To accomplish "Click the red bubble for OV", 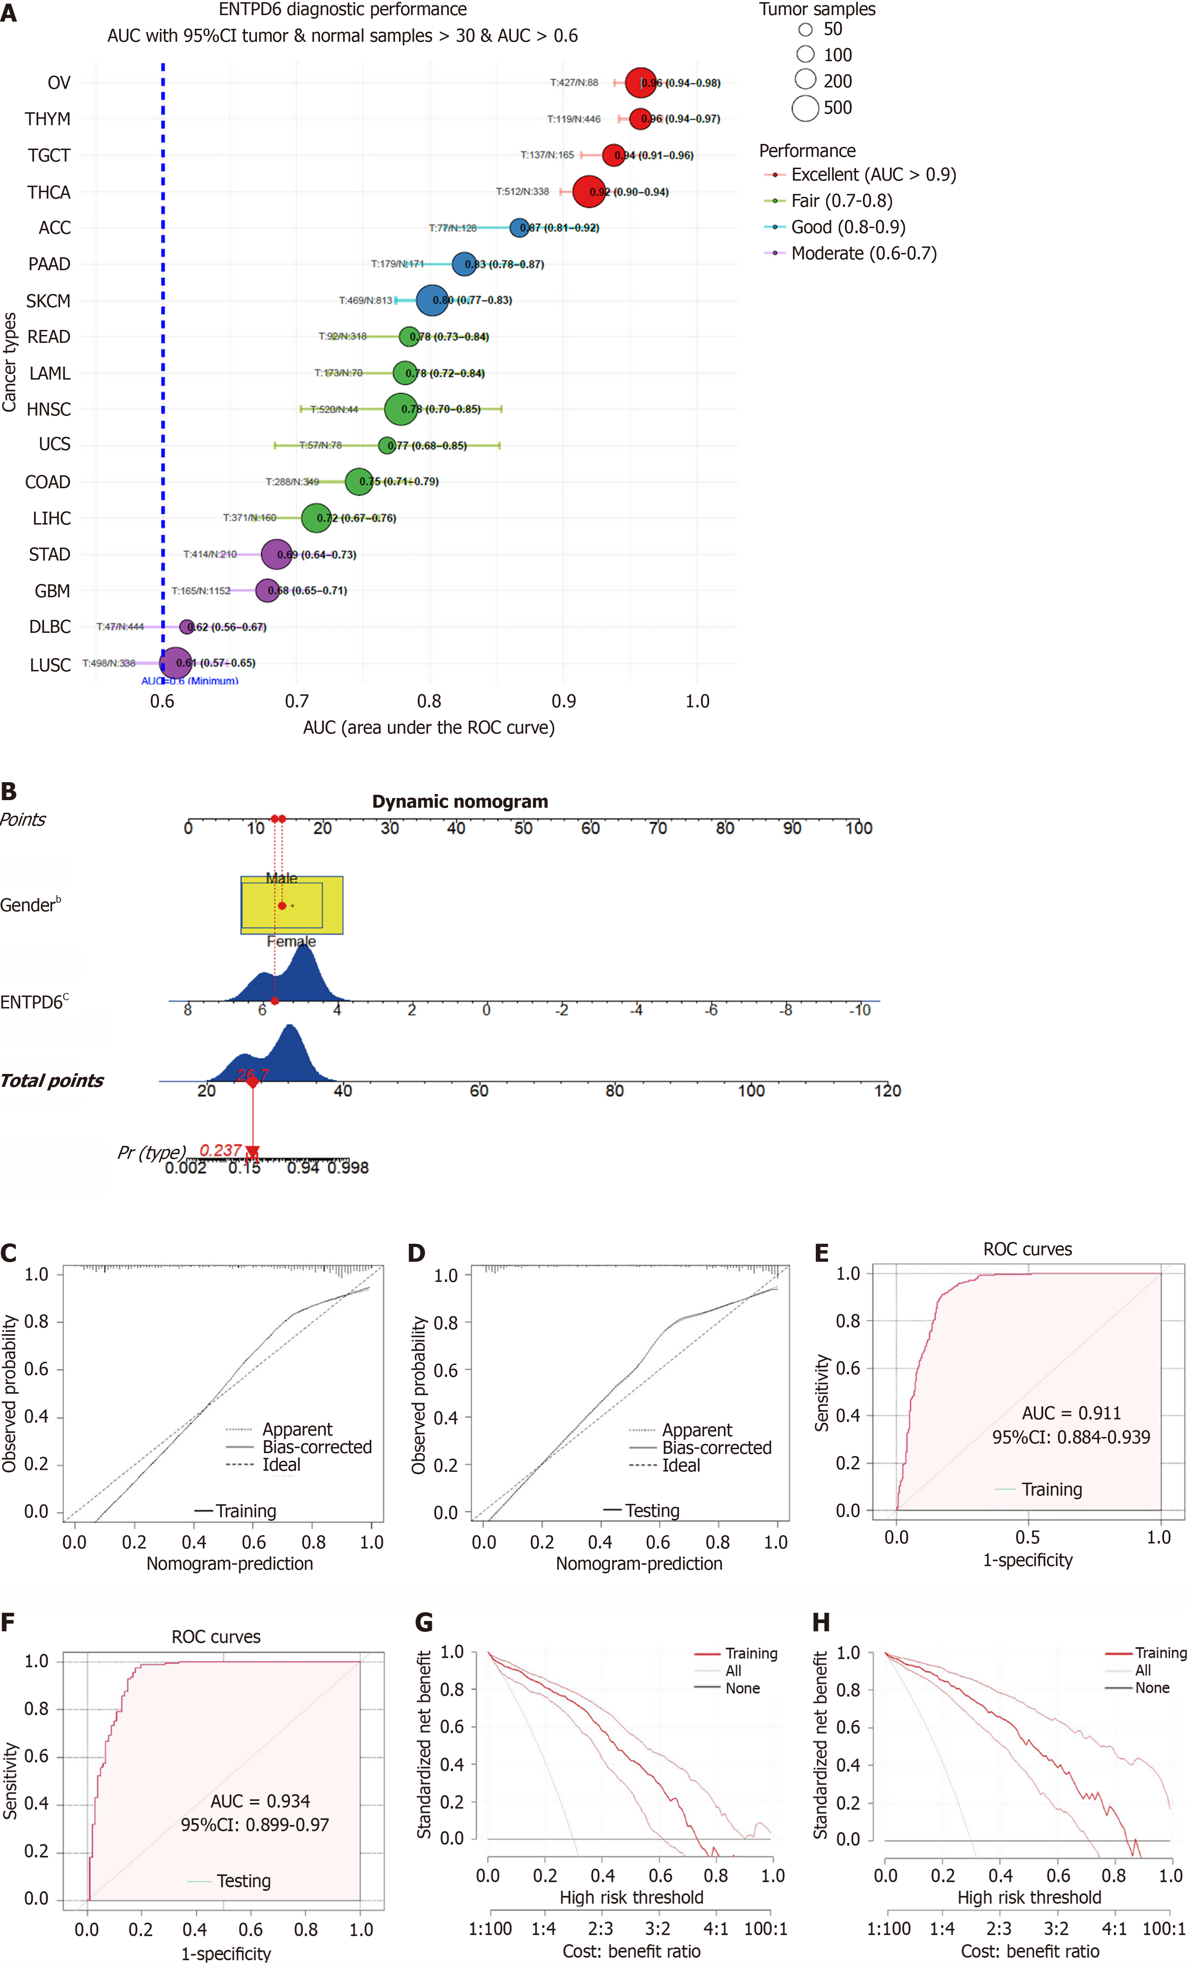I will click(640, 82).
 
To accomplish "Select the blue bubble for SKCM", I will click(431, 300).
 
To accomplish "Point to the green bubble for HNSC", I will click(400, 409).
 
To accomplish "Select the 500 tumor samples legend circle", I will click(805, 108).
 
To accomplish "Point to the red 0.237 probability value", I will click(220, 1150).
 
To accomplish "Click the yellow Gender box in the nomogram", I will click(291, 905).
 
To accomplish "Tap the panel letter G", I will click(424, 1622).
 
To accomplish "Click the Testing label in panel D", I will click(652, 1510).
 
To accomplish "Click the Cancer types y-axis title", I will click(10, 362).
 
